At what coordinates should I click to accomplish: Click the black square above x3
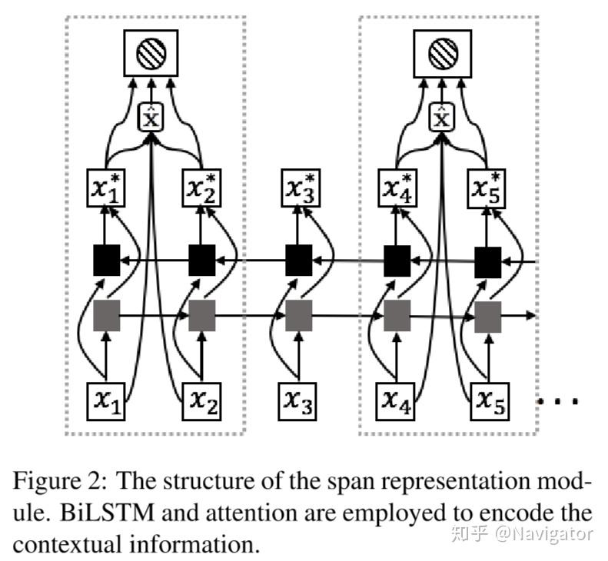pyautogui.click(x=299, y=261)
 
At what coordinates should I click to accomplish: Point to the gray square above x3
pyautogui.click(x=299, y=315)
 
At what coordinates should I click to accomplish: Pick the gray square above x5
pyautogui.click(x=487, y=315)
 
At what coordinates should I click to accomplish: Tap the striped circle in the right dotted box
pyautogui.click(x=441, y=53)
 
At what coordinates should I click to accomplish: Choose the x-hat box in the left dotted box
pyautogui.click(x=151, y=118)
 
